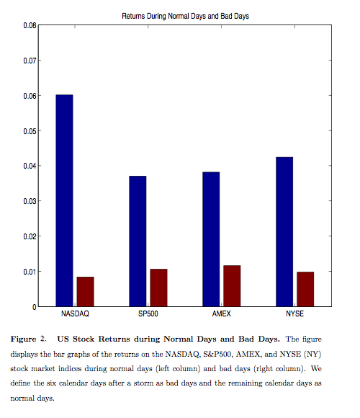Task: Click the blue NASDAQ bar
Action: (64, 200)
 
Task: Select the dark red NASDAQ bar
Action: (85, 292)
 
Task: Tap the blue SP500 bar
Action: (138, 241)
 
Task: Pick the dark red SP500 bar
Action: (158, 288)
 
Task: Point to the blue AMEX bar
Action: (211, 239)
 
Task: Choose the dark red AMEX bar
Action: (232, 286)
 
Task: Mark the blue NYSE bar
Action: (284, 231)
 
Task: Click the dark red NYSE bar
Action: (305, 289)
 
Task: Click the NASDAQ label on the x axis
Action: (75, 313)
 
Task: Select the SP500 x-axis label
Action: (148, 313)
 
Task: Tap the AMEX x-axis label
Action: (222, 313)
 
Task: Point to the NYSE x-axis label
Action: (294, 313)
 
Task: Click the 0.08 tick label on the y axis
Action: (30, 25)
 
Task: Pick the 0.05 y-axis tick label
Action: (30, 131)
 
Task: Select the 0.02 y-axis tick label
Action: (30, 236)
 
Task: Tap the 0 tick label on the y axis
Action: (35, 307)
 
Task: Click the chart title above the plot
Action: (185, 17)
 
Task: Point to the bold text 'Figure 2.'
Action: (29, 339)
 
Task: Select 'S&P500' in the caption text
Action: (217, 354)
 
